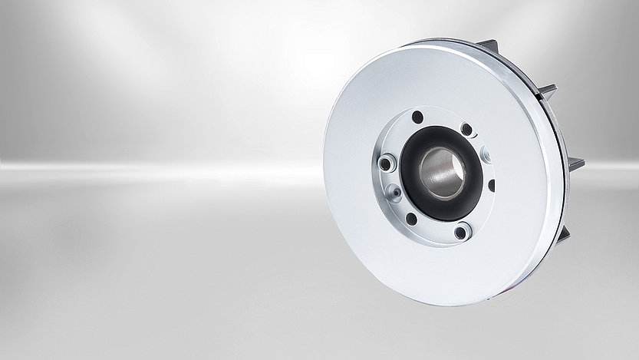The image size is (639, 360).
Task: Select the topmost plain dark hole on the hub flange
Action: click(x=417, y=117)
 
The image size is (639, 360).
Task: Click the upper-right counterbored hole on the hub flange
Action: click(x=466, y=130)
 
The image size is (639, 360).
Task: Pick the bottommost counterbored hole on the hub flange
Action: click(x=460, y=232)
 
